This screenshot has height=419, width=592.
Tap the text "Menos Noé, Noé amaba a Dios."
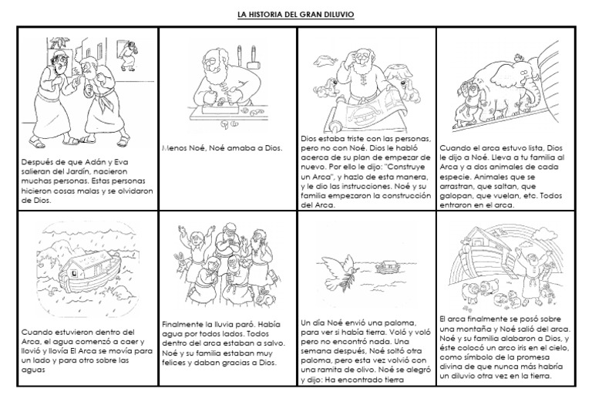[223, 147]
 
